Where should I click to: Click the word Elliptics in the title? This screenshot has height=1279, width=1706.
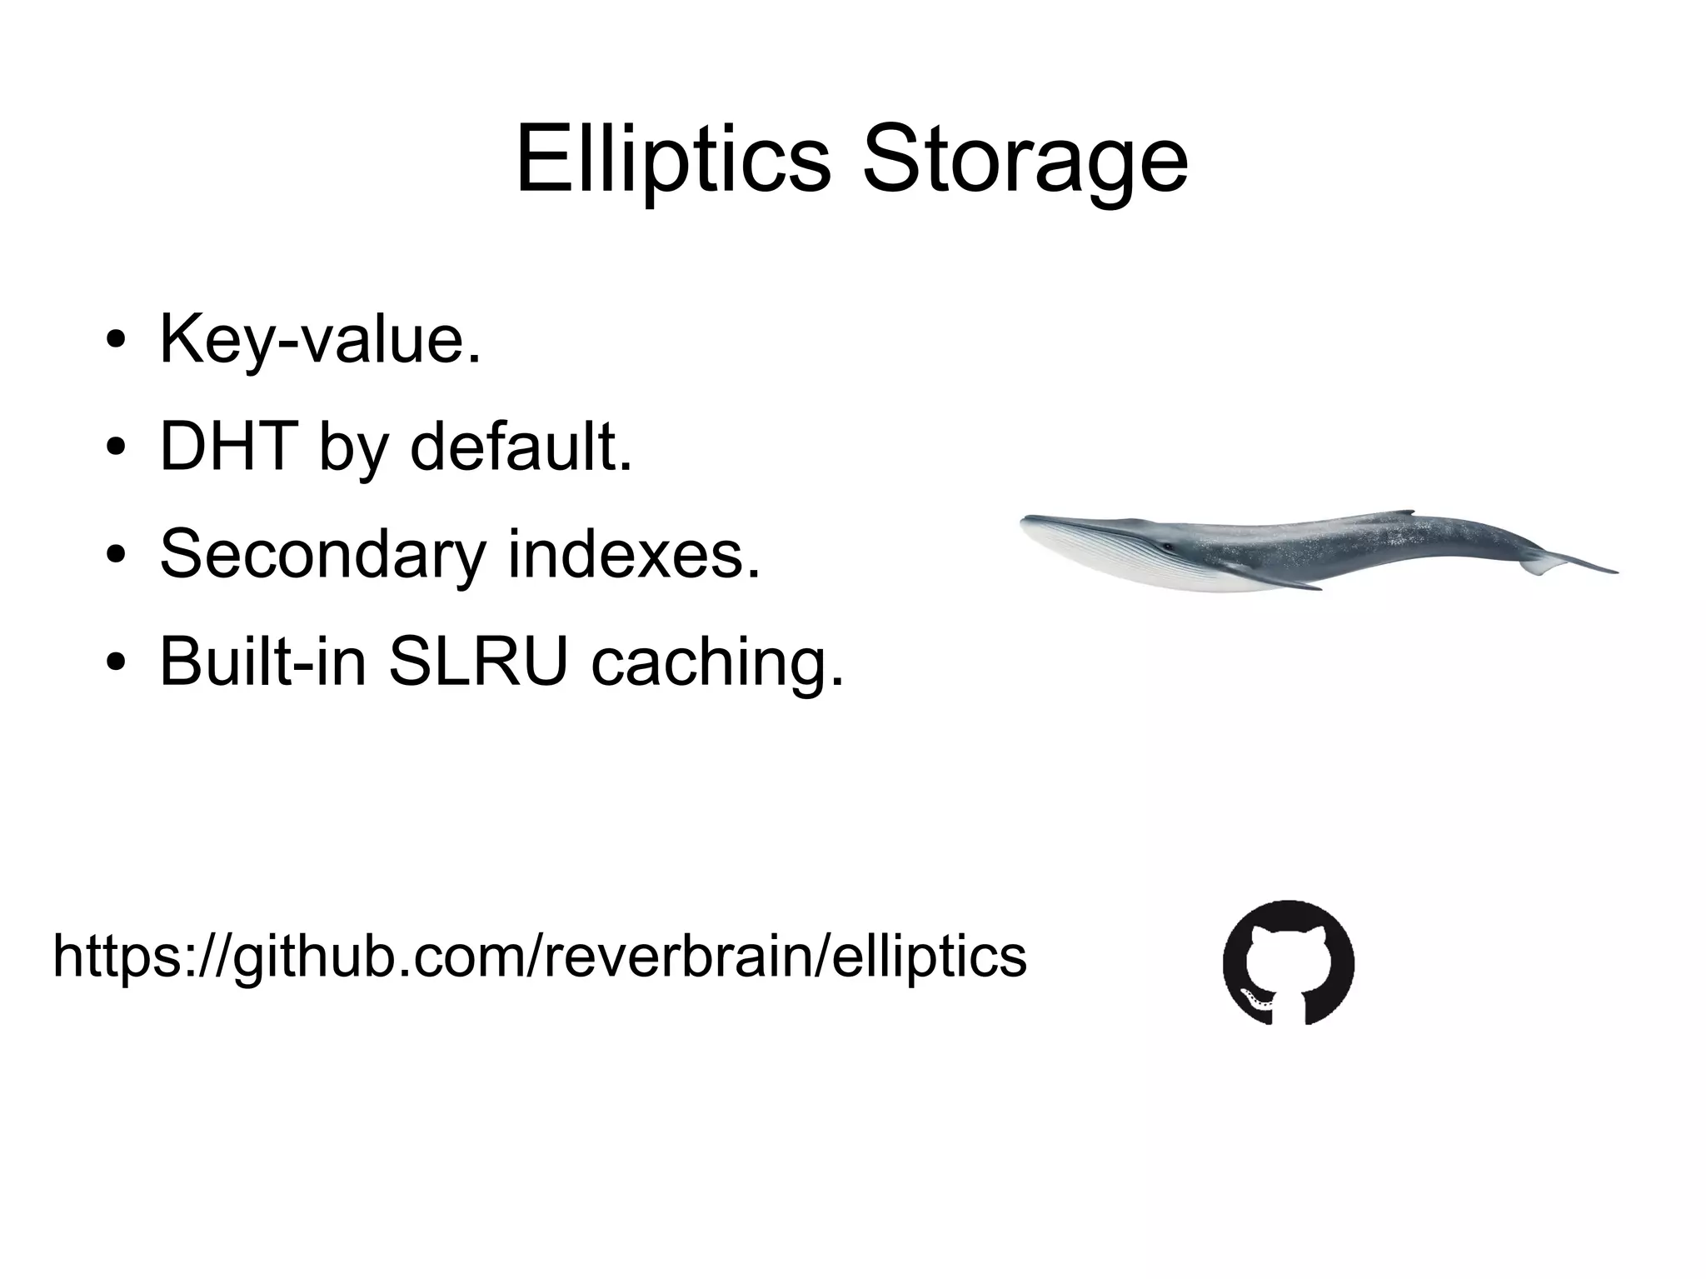pos(673,158)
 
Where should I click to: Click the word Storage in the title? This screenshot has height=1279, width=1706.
pos(1025,160)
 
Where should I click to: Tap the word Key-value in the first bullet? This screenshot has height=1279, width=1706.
pos(320,340)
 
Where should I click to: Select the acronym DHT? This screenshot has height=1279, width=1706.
pos(229,447)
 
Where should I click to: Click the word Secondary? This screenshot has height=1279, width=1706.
pos(322,554)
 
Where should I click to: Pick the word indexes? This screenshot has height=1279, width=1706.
pos(635,554)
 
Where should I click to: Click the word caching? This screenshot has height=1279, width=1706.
pos(717,664)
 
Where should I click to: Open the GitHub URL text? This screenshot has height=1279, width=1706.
pos(539,957)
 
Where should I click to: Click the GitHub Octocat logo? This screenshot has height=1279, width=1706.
pos(1288,962)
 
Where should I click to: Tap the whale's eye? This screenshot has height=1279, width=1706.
pos(1168,547)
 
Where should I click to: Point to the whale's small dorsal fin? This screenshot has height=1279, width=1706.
pos(1402,512)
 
